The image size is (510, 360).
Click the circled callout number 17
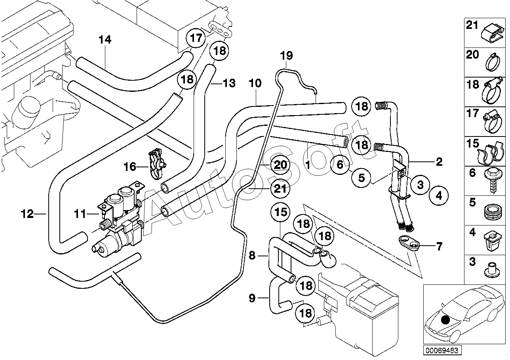pyautogui.click(x=196, y=38)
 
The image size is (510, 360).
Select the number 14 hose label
pyautogui.click(x=105, y=40)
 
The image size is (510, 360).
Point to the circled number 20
pyautogui.click(x=280, y=165)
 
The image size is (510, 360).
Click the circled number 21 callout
pyautogui.click(x=280, y=189)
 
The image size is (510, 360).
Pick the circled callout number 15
pyautogui.click(x=280, y=212)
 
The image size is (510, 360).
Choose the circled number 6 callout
pyautogui.click(x=340, y=165)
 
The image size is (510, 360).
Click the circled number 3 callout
pyautogui.click(x=420, y=184)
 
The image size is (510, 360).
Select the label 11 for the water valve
pyautogui.click(x=80, y=214)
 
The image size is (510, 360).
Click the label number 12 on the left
pyautogui.click(x=28, y=214)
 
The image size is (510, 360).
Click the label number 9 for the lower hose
pyautogui.click(x=252, y=298)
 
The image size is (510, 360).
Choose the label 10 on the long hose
pyautogui.click(x=255, y=83)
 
